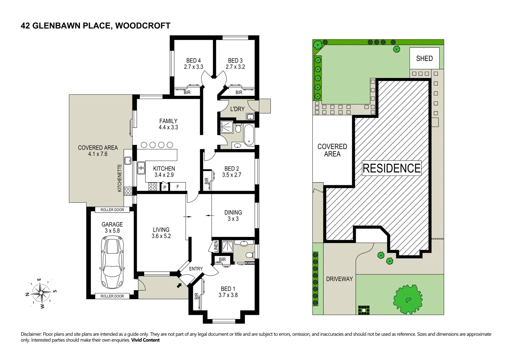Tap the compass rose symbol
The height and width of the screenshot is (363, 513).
[x=41, y=293]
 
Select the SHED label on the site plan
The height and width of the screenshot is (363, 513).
[x=424, y=58]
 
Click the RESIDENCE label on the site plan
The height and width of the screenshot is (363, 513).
[x=391, y=168]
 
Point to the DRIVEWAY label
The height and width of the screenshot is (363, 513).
[x=339, y=279]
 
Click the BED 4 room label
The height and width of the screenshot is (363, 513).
[x=194, y=61]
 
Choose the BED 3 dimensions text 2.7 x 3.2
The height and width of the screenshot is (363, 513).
[x=235, y=67]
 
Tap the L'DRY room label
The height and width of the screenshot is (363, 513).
[x=237, y=109]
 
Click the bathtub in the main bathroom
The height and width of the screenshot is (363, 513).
[x=249, y=135]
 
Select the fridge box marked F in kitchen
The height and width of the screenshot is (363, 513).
[x=178, y=187]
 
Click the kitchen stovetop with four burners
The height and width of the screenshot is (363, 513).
[x=153, y=187]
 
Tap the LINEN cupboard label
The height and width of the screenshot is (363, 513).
[x=216, y=246]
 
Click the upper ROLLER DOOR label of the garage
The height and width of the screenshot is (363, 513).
[x=112, y=210]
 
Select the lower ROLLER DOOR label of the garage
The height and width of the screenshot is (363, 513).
[x=112, y=296]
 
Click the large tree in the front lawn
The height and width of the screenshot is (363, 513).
[x=408, y=299]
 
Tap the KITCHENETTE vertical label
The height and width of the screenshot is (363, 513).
[x=120, y=178]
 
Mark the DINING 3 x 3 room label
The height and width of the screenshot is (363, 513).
[x=233, y=215]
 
